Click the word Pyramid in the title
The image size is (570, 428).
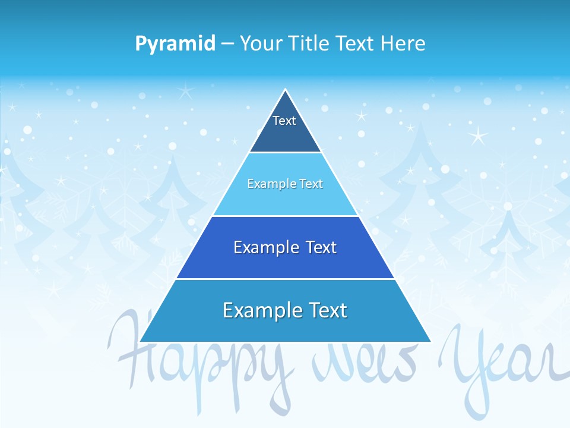pos(175,43)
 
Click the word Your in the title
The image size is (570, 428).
pos(261,43)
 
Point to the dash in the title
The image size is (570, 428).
pos(227,44)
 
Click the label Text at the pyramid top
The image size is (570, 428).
pos(284,121)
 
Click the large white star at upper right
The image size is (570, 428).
pos(477,136)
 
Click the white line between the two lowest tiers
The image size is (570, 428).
pos(285,279)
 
